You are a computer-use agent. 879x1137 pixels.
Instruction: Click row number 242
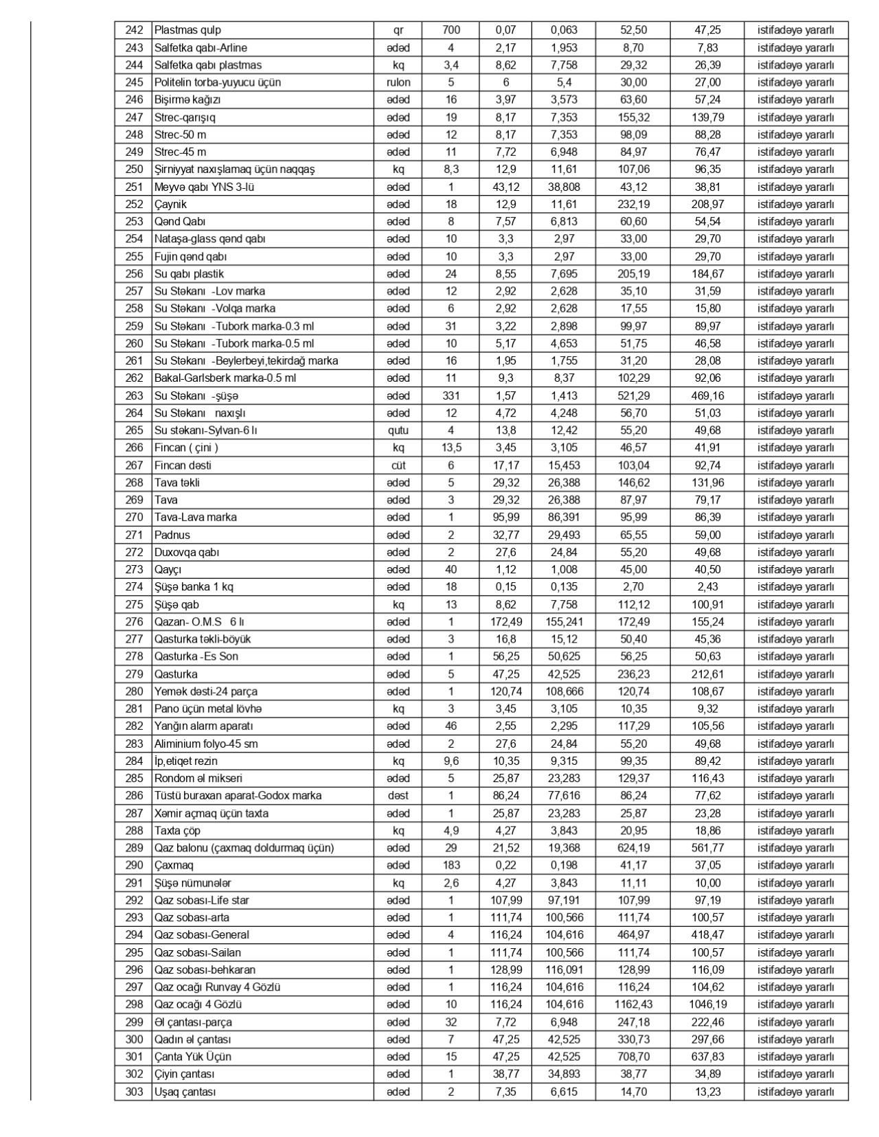(x=134, y=30)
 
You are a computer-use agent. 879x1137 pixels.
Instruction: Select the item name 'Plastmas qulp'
(x=187, y=30)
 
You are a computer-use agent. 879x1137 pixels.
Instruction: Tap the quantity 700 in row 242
(x=451, y=30)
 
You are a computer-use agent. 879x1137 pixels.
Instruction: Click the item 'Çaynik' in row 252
(x=170, y=204)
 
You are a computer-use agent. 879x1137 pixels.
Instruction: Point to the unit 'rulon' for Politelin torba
(x=398, y=82)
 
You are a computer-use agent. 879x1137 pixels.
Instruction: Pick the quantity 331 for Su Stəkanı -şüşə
(x=451, y=395)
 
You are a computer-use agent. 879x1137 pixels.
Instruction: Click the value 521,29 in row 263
(x=633, y=395)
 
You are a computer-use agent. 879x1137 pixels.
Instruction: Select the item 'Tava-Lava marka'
(x=195, y=517)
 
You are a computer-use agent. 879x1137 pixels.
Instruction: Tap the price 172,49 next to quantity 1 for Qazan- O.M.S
(x=506, y=621)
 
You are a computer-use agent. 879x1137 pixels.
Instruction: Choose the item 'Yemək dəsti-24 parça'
(x=205, y=691)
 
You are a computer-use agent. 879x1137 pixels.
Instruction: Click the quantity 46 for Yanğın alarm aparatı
(x=451, y=726)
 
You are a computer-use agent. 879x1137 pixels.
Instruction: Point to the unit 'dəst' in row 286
(x=398, y=796)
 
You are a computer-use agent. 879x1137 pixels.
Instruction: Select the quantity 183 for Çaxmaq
(x=451, y=865)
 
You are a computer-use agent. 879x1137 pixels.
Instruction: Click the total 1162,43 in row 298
(x=633, y=1004)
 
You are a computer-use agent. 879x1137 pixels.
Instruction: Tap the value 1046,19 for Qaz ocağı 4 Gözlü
(x=707, y=1004)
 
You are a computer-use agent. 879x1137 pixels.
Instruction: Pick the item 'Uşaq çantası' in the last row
(x=185, y=1092)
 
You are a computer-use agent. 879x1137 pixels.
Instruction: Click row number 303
(x=134, y=1092)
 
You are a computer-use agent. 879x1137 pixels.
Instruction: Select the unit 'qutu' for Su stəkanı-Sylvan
(x=398, y=430)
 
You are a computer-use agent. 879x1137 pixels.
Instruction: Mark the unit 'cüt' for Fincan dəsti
(x=398, y=466)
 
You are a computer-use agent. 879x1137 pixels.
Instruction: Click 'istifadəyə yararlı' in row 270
(x=795, y=517)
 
